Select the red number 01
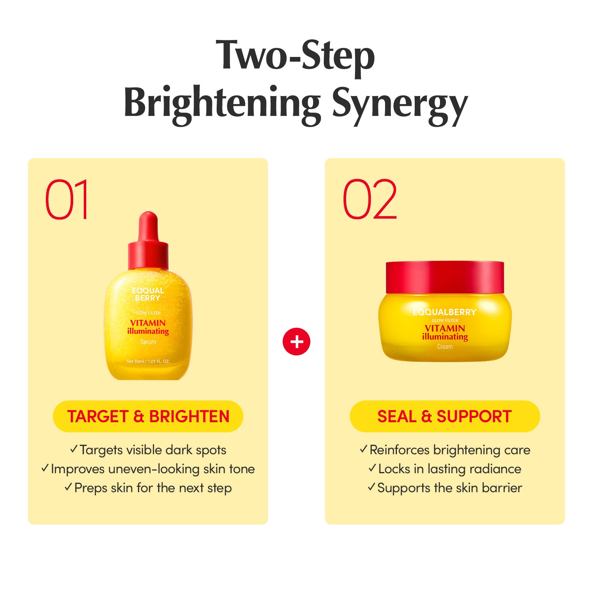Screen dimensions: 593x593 (x=66, y=199)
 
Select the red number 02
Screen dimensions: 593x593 (x=370, y=199)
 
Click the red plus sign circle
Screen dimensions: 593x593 (x=296, y=341)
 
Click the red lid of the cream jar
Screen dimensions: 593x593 (x=445, y=277)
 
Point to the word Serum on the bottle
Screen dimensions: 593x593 (x=148, y=342)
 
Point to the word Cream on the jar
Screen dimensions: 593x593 (x=445, y=347)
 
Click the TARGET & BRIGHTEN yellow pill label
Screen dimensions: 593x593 (x=148, y=416)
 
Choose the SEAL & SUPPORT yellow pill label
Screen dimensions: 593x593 (x=445, y=416)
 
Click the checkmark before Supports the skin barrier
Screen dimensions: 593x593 (x=371, y=487)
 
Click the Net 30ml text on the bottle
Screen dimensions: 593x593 (x=148, y=361)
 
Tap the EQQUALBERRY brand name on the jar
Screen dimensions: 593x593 (x=445, y=312)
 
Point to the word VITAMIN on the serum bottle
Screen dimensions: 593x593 (x=148, y=323)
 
